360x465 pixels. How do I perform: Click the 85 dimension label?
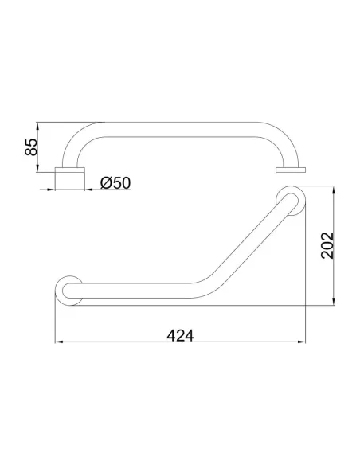31,147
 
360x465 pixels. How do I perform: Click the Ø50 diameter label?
115,182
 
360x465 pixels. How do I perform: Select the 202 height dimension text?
327,245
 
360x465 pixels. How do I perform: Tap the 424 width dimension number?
180,336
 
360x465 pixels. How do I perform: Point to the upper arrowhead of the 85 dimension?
37,126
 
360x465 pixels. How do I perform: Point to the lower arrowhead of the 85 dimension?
37,168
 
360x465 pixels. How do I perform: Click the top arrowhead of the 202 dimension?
334,190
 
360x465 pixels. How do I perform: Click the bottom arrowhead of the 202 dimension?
334,301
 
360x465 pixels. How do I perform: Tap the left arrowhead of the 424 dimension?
59,342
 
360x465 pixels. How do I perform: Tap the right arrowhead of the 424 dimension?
301,342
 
